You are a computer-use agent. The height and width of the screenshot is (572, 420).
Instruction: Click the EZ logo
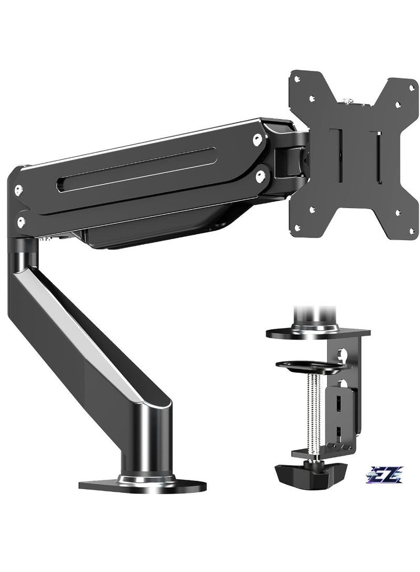click(x=386, y=474)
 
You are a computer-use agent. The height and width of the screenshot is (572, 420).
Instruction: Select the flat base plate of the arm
click(x=142, y=482)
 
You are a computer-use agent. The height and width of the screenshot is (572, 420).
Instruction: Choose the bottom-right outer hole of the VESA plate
click(x=412, y=231)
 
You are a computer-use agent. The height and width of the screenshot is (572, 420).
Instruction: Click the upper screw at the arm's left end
click(x=18, y=190)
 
